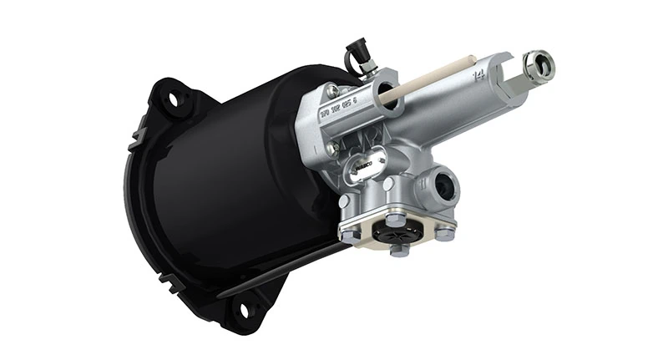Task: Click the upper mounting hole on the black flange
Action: pos(175,99)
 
